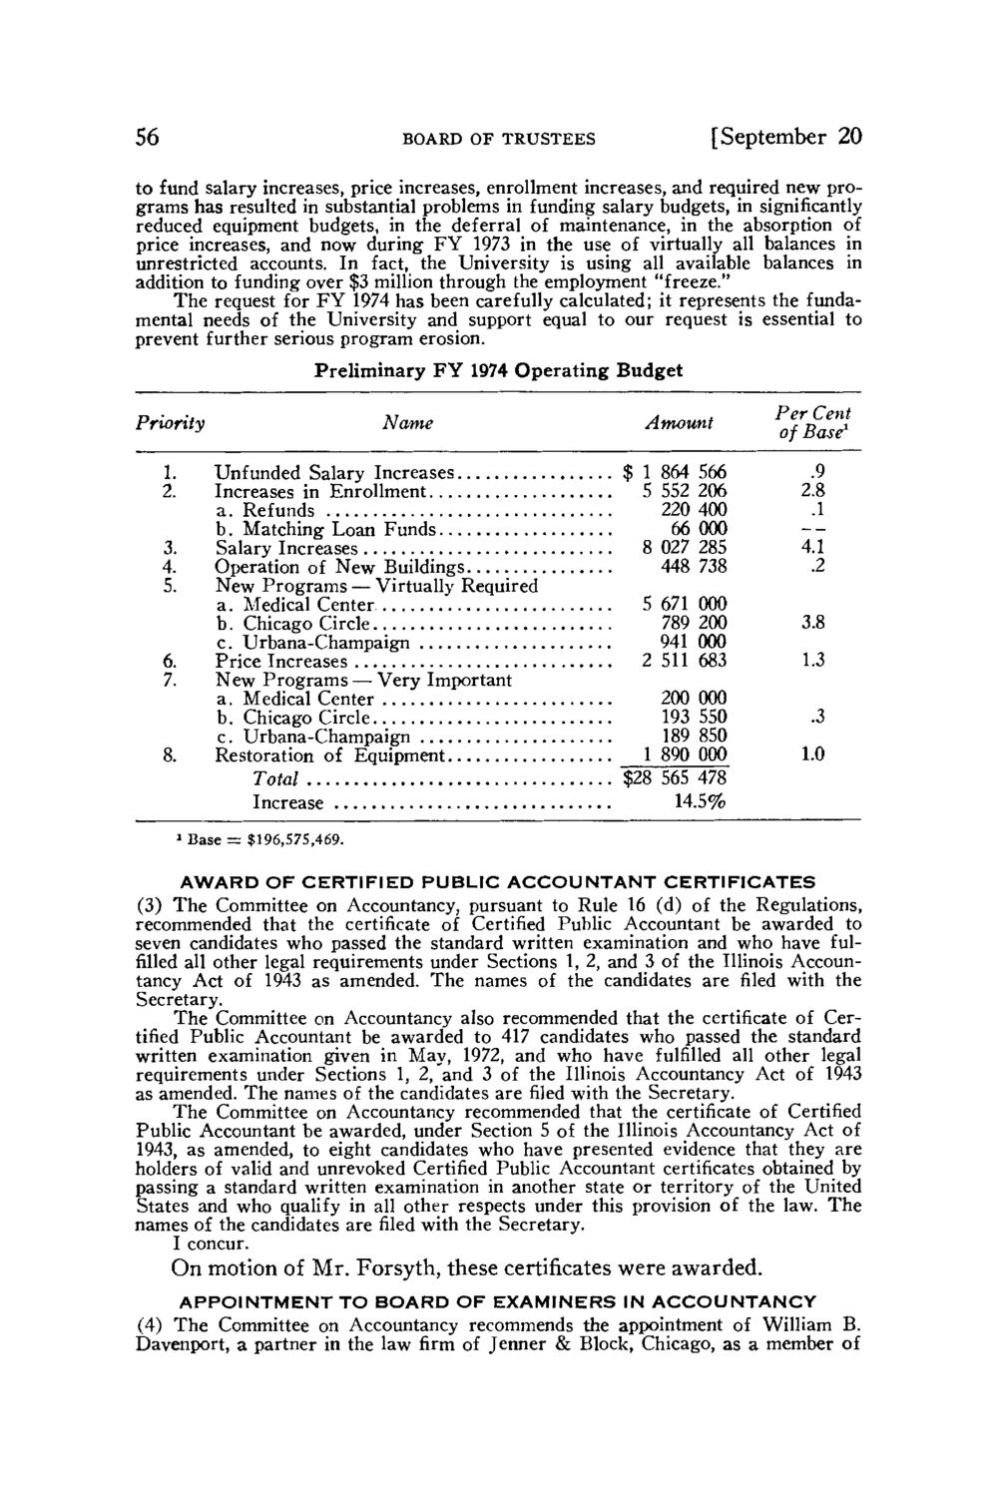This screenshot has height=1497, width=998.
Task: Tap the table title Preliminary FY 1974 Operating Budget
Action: coord(498,370)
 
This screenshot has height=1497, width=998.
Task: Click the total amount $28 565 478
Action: coord(675,778)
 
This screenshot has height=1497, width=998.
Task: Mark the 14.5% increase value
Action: coord(699,803)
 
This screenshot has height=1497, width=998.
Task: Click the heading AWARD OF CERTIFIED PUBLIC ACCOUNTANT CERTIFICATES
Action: coord(498,882)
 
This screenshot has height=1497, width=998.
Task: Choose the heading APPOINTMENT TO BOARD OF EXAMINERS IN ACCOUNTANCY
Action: coord(498,1301)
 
